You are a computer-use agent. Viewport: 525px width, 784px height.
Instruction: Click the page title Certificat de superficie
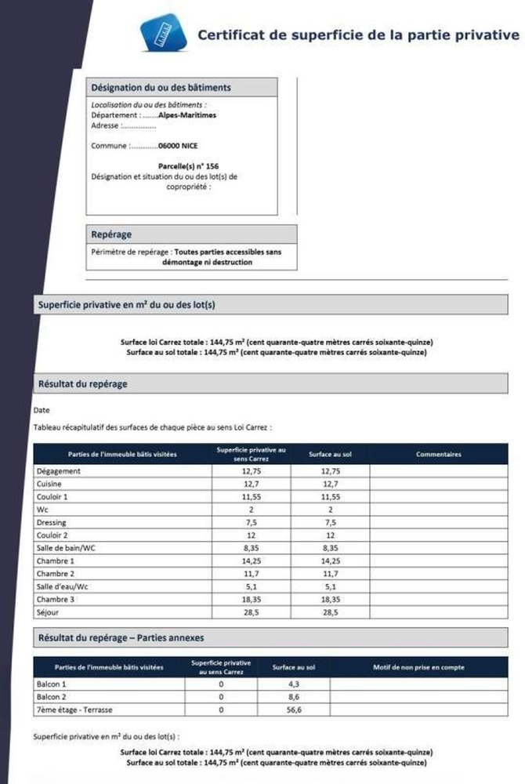[x=357, y=34]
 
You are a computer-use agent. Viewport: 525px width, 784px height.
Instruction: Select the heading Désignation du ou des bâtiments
[x=161, y=88]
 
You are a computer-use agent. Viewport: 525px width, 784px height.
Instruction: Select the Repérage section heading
[x=111, y=234]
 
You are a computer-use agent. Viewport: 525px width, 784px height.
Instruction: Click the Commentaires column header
[x=438, y=454]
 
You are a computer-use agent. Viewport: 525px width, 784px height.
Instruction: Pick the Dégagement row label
[x=59, y=471]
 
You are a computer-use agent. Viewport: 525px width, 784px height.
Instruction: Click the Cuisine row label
[x=50, y=484]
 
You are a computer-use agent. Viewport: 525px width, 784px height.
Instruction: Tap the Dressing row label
[x=52, y=522]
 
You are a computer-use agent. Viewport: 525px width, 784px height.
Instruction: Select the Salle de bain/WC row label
[x=66, y=548]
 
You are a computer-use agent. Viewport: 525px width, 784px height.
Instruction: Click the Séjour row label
[x=49, y=612]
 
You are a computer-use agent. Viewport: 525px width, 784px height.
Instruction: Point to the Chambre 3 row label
[x=56, y=599]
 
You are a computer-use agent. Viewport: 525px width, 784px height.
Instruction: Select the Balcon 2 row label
[x=52, y=697]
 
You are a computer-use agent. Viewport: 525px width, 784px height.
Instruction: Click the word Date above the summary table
[x=42, y=410]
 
